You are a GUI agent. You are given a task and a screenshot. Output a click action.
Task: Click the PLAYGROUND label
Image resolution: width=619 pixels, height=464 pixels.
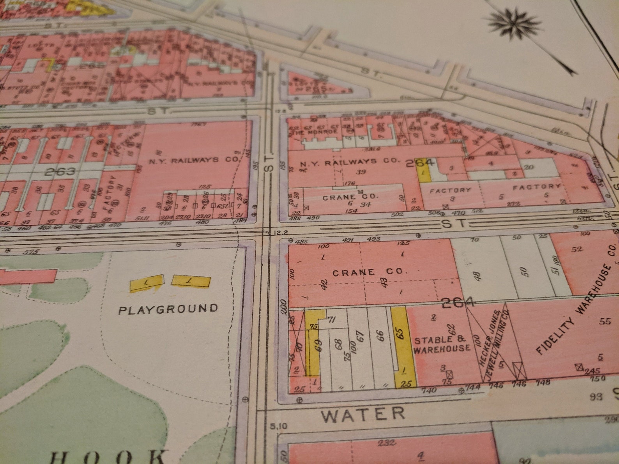pos(168,310)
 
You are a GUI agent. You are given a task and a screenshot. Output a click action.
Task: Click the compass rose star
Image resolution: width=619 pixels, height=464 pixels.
pos(514,24)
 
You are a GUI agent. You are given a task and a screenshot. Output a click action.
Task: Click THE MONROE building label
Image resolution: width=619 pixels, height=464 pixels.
pos(313,132)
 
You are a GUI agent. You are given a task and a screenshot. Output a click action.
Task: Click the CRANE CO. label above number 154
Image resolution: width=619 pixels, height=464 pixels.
pos(350,197)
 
